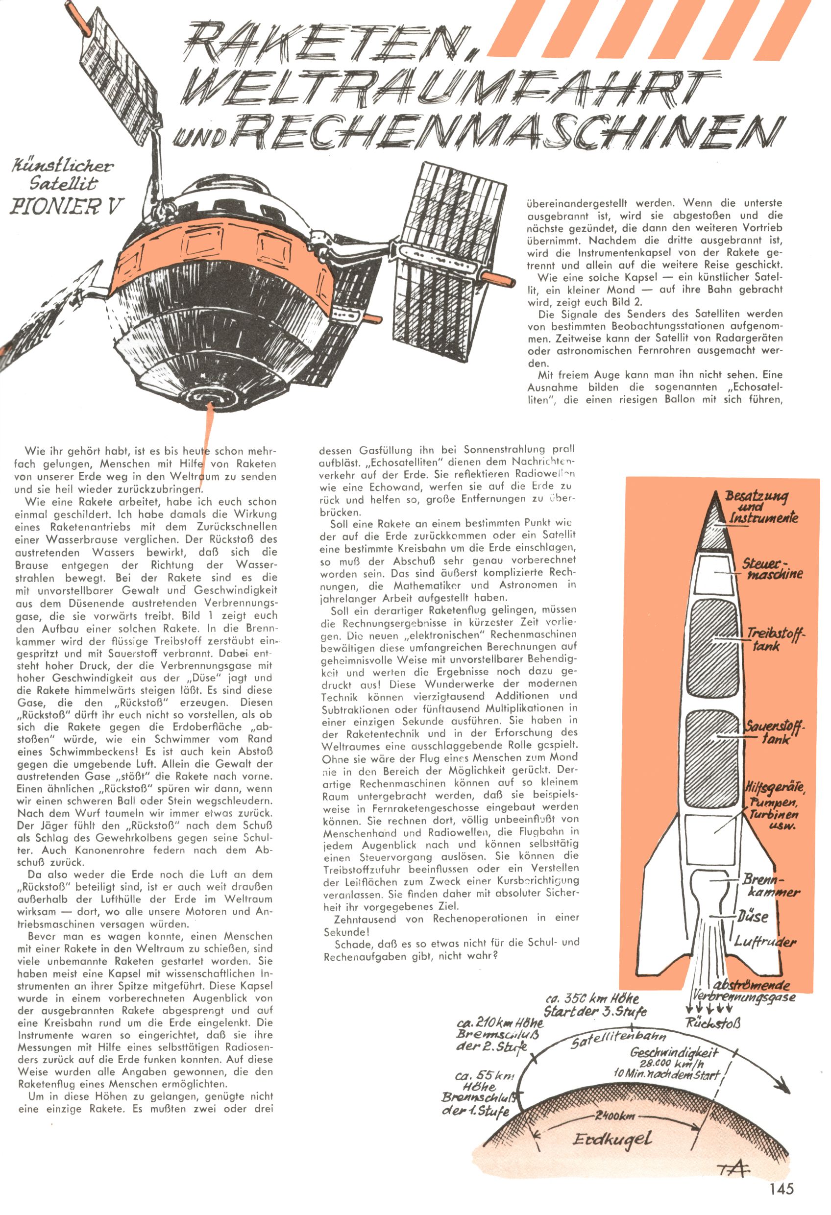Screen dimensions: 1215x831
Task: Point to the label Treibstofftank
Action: (775, 639)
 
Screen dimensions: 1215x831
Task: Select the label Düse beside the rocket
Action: (754, 917)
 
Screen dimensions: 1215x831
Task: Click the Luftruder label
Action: (764, 942)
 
